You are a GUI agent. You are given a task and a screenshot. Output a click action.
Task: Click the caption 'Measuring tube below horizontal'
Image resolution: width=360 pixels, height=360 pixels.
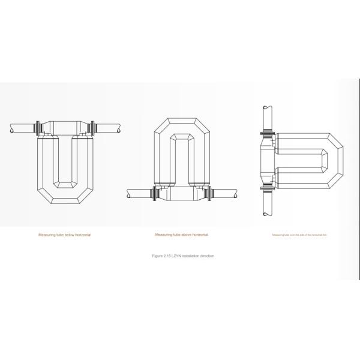click(65, 235)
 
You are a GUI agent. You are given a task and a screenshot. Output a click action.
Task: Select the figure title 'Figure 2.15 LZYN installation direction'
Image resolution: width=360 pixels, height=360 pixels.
click(183, 256)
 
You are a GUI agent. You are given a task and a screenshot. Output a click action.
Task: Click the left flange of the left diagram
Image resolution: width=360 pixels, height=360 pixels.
click(39, 128)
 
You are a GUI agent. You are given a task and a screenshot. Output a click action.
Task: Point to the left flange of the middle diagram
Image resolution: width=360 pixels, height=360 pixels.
click(156, 194)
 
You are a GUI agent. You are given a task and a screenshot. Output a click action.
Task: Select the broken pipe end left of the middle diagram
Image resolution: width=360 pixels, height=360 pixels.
click(129, 194)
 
